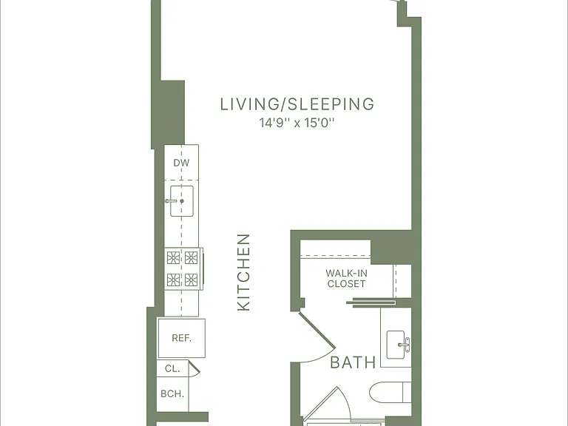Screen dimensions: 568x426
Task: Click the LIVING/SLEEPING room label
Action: pos(297,104)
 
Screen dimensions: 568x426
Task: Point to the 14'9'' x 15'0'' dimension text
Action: pos(297,124)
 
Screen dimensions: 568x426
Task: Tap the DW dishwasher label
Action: pos(181,163)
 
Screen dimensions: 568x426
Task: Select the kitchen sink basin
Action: pos(182,201)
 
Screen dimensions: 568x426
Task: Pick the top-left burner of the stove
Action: pos(173,257)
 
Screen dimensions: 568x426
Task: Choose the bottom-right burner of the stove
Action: pos(191,280)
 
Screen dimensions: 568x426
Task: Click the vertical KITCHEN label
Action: pos(243,272)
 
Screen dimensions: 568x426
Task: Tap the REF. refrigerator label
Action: pos(181,338)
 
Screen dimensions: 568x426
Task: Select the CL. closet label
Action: pos(172,369)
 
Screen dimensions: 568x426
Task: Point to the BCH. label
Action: pos(172,393)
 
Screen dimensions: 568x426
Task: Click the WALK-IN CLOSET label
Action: pos(346,278)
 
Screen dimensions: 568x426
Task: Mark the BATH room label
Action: pos(354,362)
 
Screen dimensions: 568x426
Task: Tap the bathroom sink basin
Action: pos(396,345)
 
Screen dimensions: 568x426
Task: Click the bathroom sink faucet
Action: pos(406,345)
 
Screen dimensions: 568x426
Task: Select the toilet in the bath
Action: pos(390,392)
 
